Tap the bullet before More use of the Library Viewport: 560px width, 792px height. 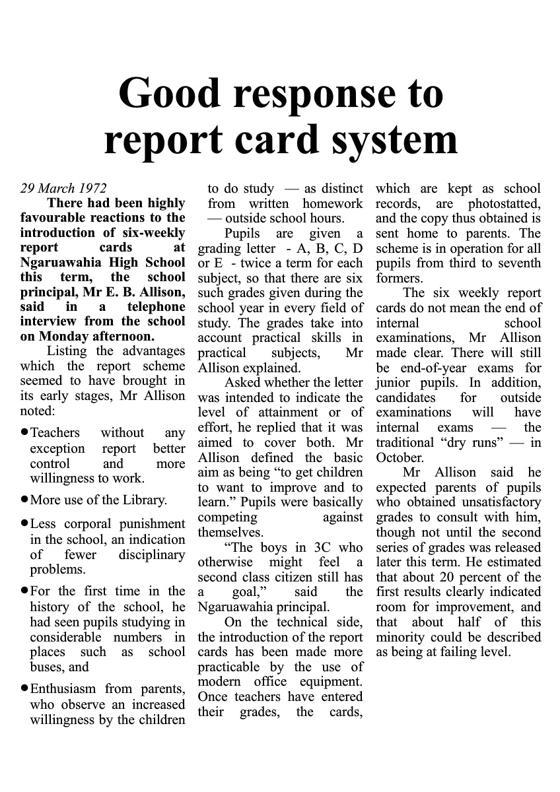coord(24,499)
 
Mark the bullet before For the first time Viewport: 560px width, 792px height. coord(24,590)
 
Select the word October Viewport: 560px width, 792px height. coord(399,458)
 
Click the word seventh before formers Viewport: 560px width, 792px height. coord(519,263)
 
